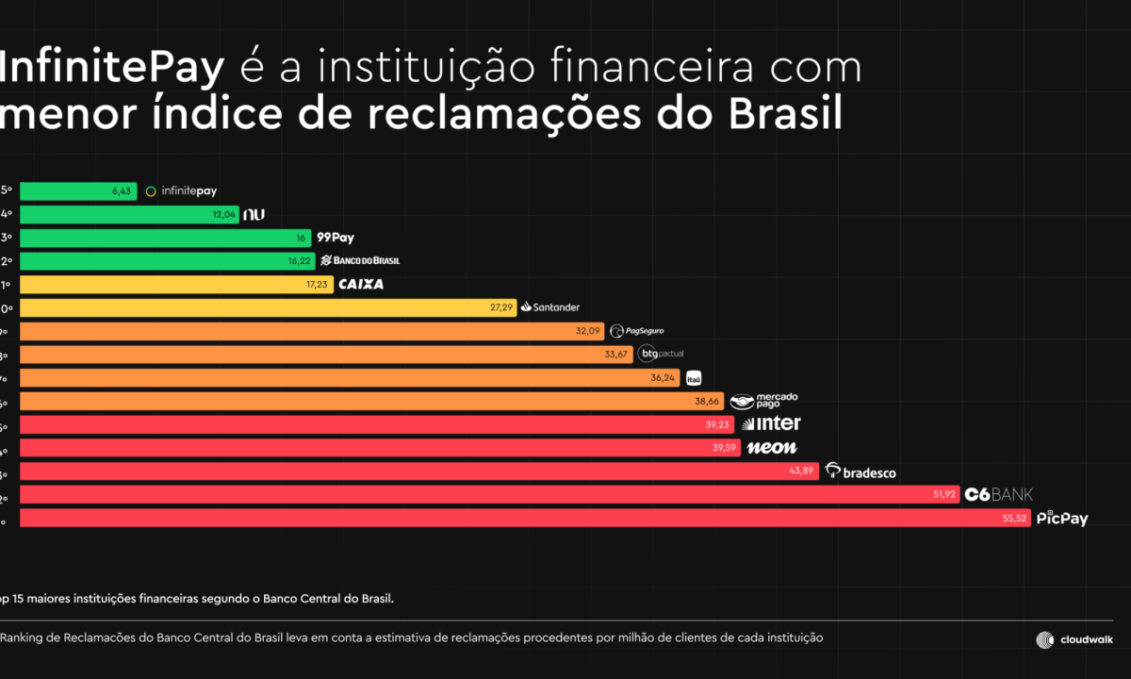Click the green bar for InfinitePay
[77, 191]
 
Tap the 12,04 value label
[224, 215]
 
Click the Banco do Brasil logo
[360, 260]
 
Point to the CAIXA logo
[362, 284]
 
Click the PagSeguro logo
[637, 331]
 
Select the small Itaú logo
[694, 377]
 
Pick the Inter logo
[772, 424]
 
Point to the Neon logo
[771, 448]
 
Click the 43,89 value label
[801, 471]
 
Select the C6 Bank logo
[998, 494]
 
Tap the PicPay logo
[1062, 518]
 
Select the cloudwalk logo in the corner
[1074, 639]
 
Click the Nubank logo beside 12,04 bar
[254, 215]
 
